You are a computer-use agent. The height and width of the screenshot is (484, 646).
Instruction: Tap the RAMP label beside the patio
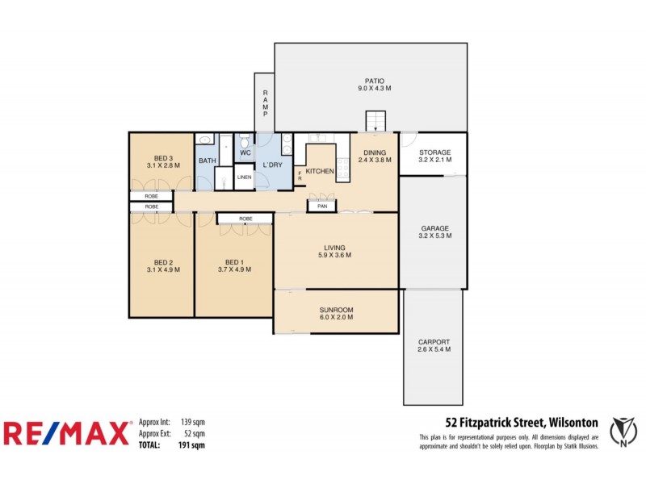(265, 102)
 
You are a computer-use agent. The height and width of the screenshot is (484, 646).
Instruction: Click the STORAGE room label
(434, 152)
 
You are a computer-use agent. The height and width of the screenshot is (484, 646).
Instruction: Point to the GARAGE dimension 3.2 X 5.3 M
(434, 237)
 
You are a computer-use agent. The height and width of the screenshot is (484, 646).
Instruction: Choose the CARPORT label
(434, 341)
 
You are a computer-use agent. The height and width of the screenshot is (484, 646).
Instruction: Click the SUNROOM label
(335, 310)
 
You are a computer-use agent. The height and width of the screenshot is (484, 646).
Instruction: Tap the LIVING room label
(335, 248)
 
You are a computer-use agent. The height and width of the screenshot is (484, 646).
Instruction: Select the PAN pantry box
(322, 207)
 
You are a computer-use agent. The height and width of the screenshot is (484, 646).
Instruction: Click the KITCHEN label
(321, 172)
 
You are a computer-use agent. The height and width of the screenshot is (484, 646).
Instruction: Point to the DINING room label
(375, 152)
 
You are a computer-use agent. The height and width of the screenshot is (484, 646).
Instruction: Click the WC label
(245, 152)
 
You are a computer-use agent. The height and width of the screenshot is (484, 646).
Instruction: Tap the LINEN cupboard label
(244, 177)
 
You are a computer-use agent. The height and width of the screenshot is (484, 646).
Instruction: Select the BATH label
(208, 161)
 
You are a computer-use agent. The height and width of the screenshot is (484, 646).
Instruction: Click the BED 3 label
(163, 157)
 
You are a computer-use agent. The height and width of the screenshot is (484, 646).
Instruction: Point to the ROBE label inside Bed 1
(245, 219)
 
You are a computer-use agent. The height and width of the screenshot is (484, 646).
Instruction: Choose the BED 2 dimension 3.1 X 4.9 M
(163, 269)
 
